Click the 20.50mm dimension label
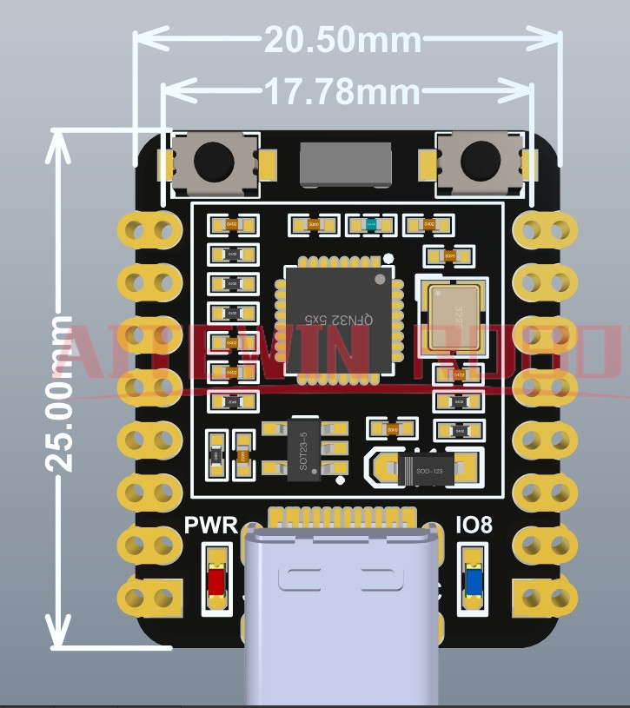(342, 40)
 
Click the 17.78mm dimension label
(342, 91)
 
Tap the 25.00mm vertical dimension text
(59, 394)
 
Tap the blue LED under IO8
(474, 580)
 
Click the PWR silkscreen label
(211, 526)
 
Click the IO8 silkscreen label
(474, 526)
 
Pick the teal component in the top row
(371, 225)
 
